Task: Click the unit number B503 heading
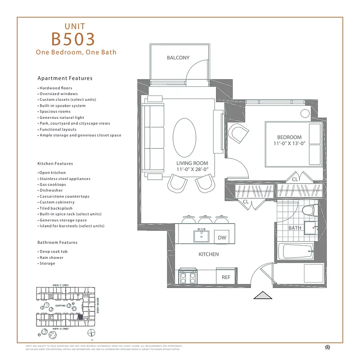(73, 39)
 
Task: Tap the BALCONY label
(178, 58)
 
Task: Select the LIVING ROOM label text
(192, 163)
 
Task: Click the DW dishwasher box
(222, 237)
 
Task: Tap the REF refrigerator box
(226, 277)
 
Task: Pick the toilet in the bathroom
(308, 210)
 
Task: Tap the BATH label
(295, 228)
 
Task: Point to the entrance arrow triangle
(264, 295)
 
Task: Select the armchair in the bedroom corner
(237, 134)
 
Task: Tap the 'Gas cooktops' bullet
(53, 184)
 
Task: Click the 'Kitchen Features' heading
(55, 164)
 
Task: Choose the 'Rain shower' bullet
(51, 257)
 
